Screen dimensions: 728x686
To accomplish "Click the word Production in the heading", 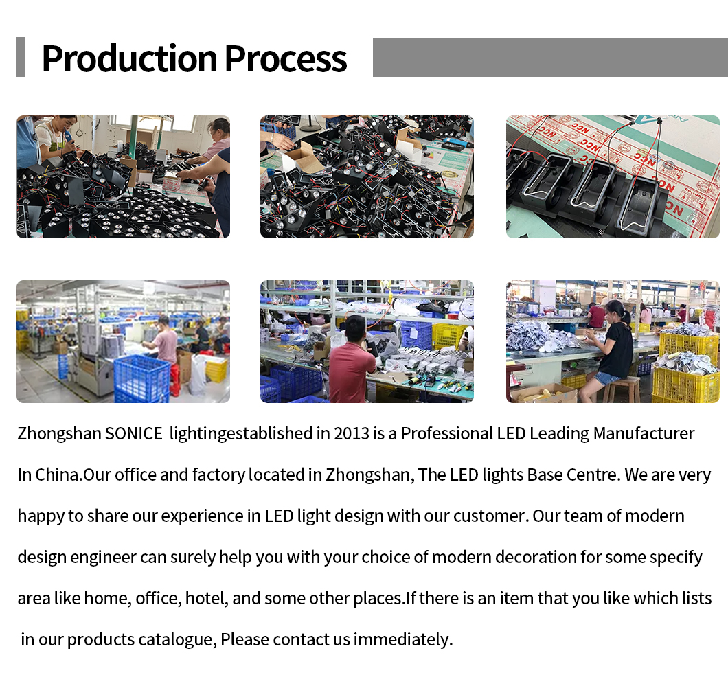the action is (130, 58).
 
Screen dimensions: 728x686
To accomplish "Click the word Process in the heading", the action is (286, 58).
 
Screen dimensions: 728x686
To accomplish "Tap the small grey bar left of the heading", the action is (21, 57).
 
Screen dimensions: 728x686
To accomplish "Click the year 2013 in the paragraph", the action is (352, 433).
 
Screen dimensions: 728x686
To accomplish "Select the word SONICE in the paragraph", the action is (134, 433).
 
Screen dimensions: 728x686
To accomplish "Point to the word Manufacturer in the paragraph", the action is (644, 433).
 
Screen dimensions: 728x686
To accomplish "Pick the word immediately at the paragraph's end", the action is (402, 639).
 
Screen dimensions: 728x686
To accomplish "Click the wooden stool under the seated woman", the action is (622, 389).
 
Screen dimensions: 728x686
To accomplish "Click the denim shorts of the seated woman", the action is (606, 378).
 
